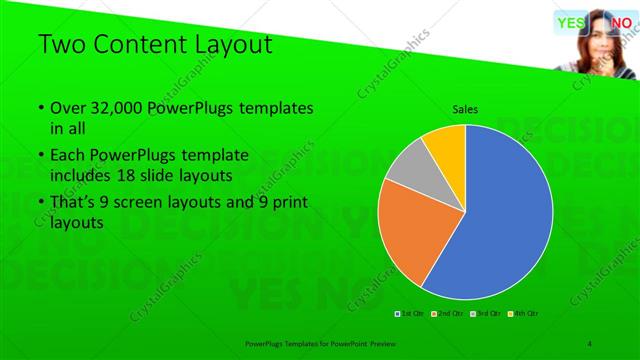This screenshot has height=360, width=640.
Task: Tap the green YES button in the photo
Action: coord(571,23)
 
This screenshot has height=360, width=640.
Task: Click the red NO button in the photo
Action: coord(621,23)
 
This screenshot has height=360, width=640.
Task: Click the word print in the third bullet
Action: coord(287,204)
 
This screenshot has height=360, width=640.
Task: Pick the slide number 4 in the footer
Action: coord(589,343)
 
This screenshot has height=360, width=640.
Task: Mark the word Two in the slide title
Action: coord(61,44)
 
